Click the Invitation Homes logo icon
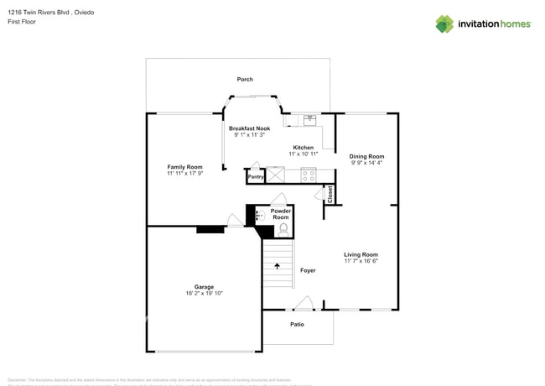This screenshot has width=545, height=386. coord(444,23)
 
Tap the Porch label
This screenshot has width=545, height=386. coord(245,80)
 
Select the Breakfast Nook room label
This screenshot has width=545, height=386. coord(249,128)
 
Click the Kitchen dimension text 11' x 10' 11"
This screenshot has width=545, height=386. coord(303,154)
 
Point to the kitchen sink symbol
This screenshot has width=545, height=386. coord(309,120)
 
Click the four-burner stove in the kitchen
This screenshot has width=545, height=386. coord(308,175)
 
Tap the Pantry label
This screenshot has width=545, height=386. coord(256,177)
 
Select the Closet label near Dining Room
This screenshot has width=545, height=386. coord(330,195)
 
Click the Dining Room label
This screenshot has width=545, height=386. coord(366,156)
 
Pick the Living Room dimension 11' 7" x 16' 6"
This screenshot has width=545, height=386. coord(361,261)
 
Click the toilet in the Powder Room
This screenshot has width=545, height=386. coord(283,228)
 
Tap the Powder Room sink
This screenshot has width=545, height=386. coord(259,216)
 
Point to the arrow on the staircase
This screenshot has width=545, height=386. coord(278,267)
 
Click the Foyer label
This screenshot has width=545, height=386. coord(308,270)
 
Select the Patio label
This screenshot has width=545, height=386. coord(297,324)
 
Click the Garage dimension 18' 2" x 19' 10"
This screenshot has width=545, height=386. coord(204,294)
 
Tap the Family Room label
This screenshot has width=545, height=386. coord(184,167)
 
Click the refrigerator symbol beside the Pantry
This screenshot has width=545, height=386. coord(276,175)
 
